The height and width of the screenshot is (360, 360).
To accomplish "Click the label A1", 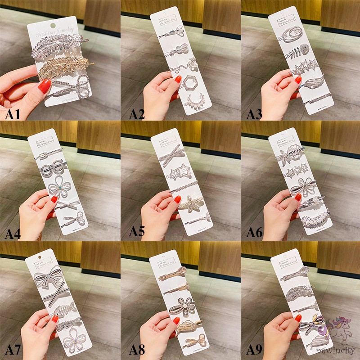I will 13,115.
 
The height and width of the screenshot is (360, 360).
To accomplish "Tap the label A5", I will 137,232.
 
